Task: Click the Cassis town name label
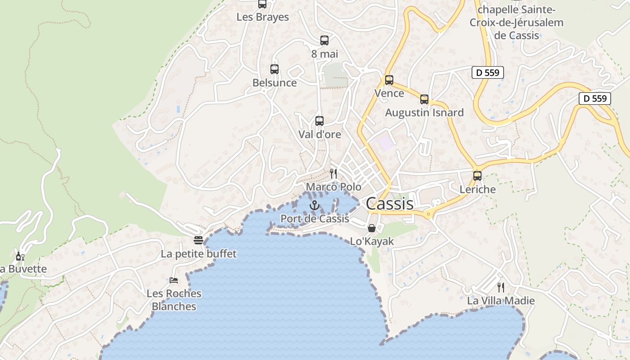tap(389, 203)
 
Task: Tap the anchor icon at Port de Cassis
tap(315, 206)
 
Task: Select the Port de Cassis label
tap(315, 219)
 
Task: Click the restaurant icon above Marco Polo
tap(333, 174)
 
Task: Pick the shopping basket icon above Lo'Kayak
tap(372, 228)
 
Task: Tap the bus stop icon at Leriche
tap(477, 176)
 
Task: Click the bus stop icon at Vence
tap(389, 80)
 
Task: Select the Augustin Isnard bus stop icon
tap(424, 99)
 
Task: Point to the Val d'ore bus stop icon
tap(319, 121)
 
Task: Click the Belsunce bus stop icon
tap(274, 69)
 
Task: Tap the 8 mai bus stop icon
tap(324, 40)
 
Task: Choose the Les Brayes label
tap(263, 17)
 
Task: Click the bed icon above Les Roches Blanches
tap(174, 280)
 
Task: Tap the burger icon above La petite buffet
tap(198, 240)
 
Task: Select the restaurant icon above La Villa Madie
tap(501, 288)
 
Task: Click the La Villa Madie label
tap(501, 301)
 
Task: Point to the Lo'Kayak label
tap(372, 241)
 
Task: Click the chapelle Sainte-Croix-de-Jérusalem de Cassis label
tap(516, 22)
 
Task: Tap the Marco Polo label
tap(333, 187)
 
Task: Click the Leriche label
tap(477, 189)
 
